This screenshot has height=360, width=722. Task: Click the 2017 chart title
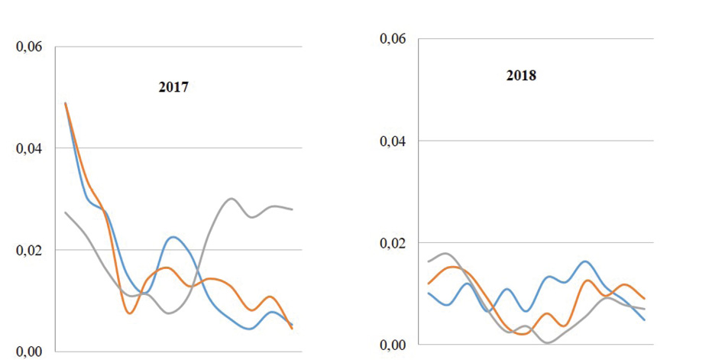pyautogui.click(x=173, y=87)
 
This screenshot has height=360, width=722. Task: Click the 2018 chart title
pyautogui.click(x=521, y=76)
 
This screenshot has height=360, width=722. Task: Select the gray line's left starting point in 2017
pyautogui.click(x=66, y=212)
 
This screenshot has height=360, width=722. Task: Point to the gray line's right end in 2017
pyautogui.click(x=293, y=209)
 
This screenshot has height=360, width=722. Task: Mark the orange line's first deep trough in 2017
pyautogui.click(x=130, y=313)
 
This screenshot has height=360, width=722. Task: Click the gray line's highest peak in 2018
pyautogui.click(x=445, y=253)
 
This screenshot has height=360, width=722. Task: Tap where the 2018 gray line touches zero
pyautogui.click(x=548, y=342)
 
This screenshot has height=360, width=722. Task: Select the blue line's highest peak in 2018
pyautogui.click(x=585, y=261)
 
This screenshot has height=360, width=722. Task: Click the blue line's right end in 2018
pyautogui.click(x=645, y=320)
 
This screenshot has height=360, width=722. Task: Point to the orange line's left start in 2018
pyautogui.click(x=429, y=284)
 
